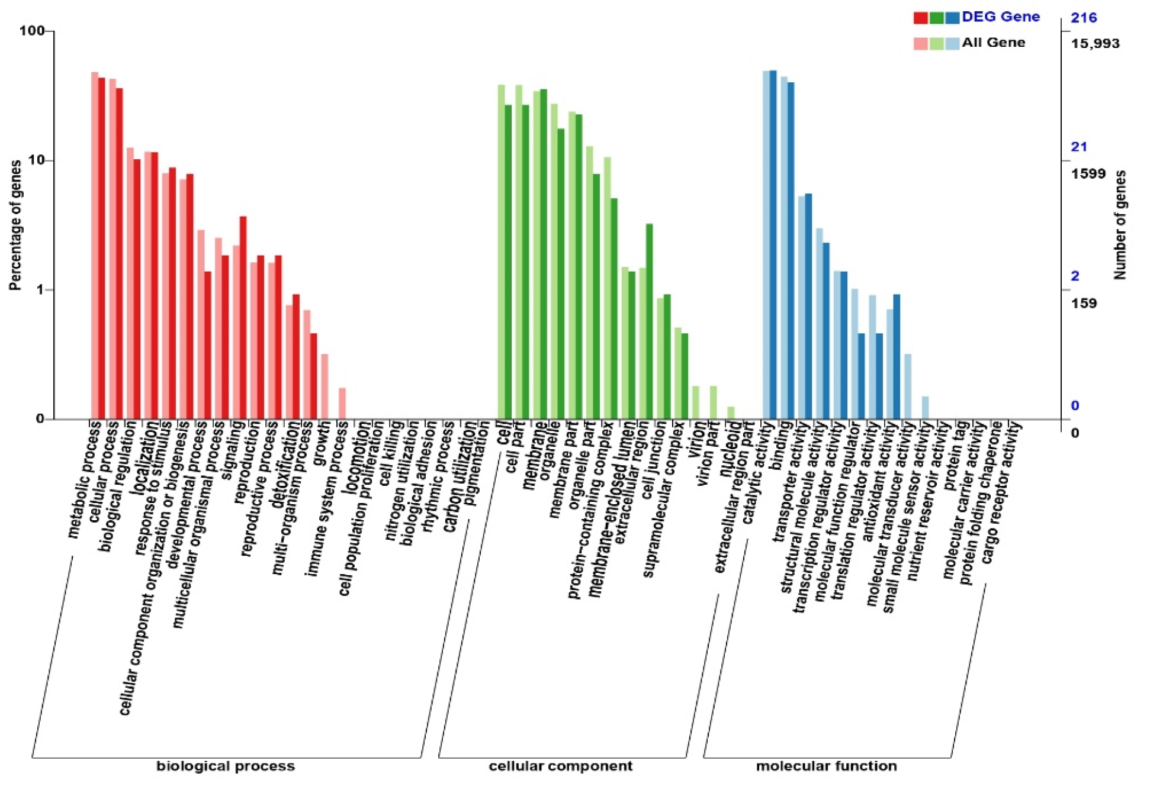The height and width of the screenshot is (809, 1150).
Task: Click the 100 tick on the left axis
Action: pos(32,31)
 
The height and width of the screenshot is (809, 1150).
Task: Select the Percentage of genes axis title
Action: pos(15,225)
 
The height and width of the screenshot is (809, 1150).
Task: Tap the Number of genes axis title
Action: pos(1120,225)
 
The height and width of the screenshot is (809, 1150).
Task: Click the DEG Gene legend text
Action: pos(1000,17)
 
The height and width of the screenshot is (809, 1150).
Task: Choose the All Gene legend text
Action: pos(993,43)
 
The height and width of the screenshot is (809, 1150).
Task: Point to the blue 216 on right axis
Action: pos(1084,18)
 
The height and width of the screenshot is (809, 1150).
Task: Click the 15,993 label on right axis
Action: pos(1095,44)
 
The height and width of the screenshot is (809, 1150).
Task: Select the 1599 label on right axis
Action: pos(1088,174)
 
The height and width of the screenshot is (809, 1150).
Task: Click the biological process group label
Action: pos(225,766)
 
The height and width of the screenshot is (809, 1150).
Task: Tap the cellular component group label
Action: pos(560,766)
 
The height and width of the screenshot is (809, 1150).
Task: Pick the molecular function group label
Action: pos(826,766)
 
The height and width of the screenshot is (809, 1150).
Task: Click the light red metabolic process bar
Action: pos(95,245)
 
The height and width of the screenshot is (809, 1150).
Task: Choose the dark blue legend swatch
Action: pos(952,18)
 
